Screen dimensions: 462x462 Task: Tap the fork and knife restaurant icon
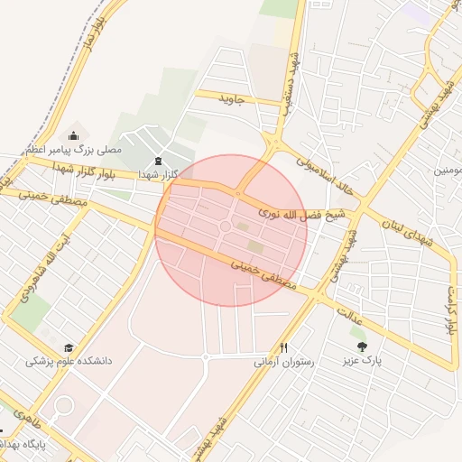tap(284, 346)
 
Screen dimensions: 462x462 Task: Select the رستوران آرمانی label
tap(284, 362)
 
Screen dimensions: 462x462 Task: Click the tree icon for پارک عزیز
tap(362, 346)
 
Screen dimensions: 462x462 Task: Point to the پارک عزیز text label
tap(362, 361)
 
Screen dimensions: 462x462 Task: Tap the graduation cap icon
tap(69, 346)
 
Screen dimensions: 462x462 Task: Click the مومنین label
tap(448, 170)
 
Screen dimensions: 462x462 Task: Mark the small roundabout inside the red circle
tap(226, 226)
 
